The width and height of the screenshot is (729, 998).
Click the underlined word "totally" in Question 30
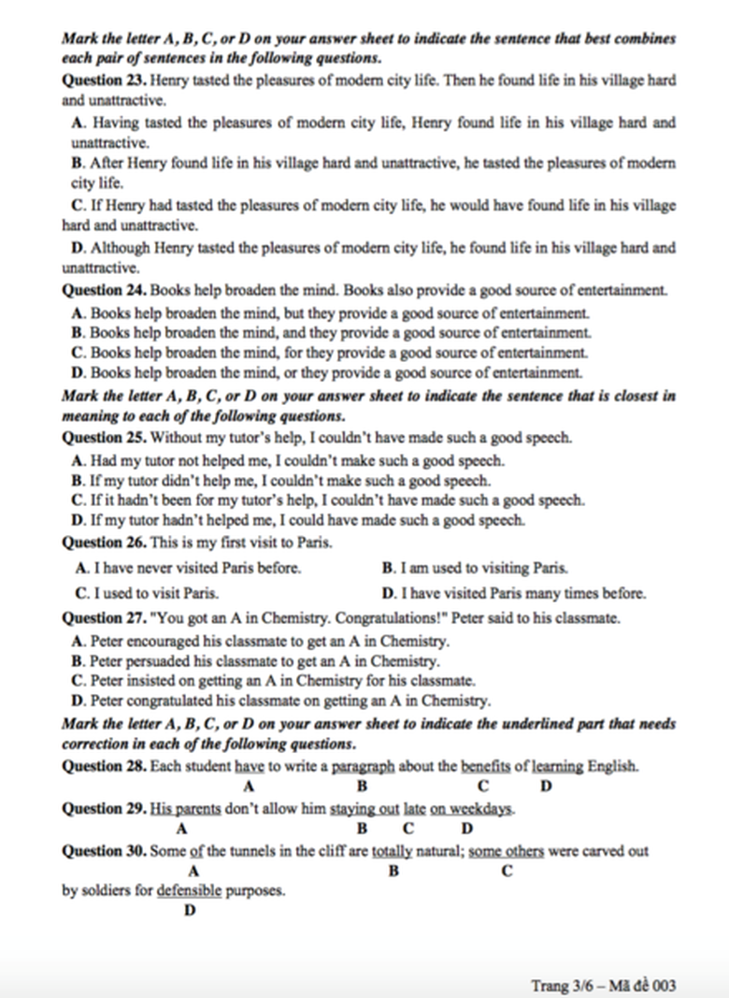(x=393, y=852)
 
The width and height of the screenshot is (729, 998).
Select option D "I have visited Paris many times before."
(x=514, y=593)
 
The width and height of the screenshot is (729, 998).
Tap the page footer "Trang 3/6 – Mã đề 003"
(x=603, y=985)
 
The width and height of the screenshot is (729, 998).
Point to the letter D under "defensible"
(x=190, y=910)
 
